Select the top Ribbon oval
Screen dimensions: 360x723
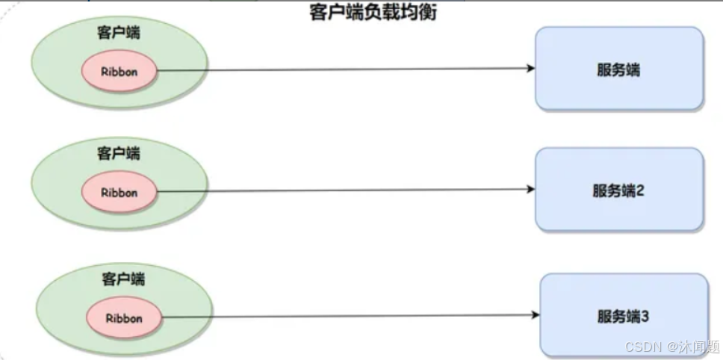[x=120, y=72]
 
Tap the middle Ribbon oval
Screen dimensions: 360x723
[x=120, y=192]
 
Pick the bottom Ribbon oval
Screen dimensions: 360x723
[x=124, y=317]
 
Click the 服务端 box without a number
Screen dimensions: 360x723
[x=618, y=69]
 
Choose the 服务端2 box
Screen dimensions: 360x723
[x=618, y=190]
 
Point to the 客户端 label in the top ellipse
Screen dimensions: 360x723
[x=118, y=33]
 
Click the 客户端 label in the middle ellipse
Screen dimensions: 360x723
[x=118, y=153]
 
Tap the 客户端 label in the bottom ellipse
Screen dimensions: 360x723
[x=123, y=279]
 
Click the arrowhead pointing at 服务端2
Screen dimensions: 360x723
[x=530, y=190]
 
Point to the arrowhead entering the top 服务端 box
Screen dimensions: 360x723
[x=530, y=68]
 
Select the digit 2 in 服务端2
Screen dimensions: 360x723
[x=640, y=190]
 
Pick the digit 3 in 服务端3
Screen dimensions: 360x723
[x=645, y=316]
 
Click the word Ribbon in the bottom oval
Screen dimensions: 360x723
[x=124, y=317]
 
